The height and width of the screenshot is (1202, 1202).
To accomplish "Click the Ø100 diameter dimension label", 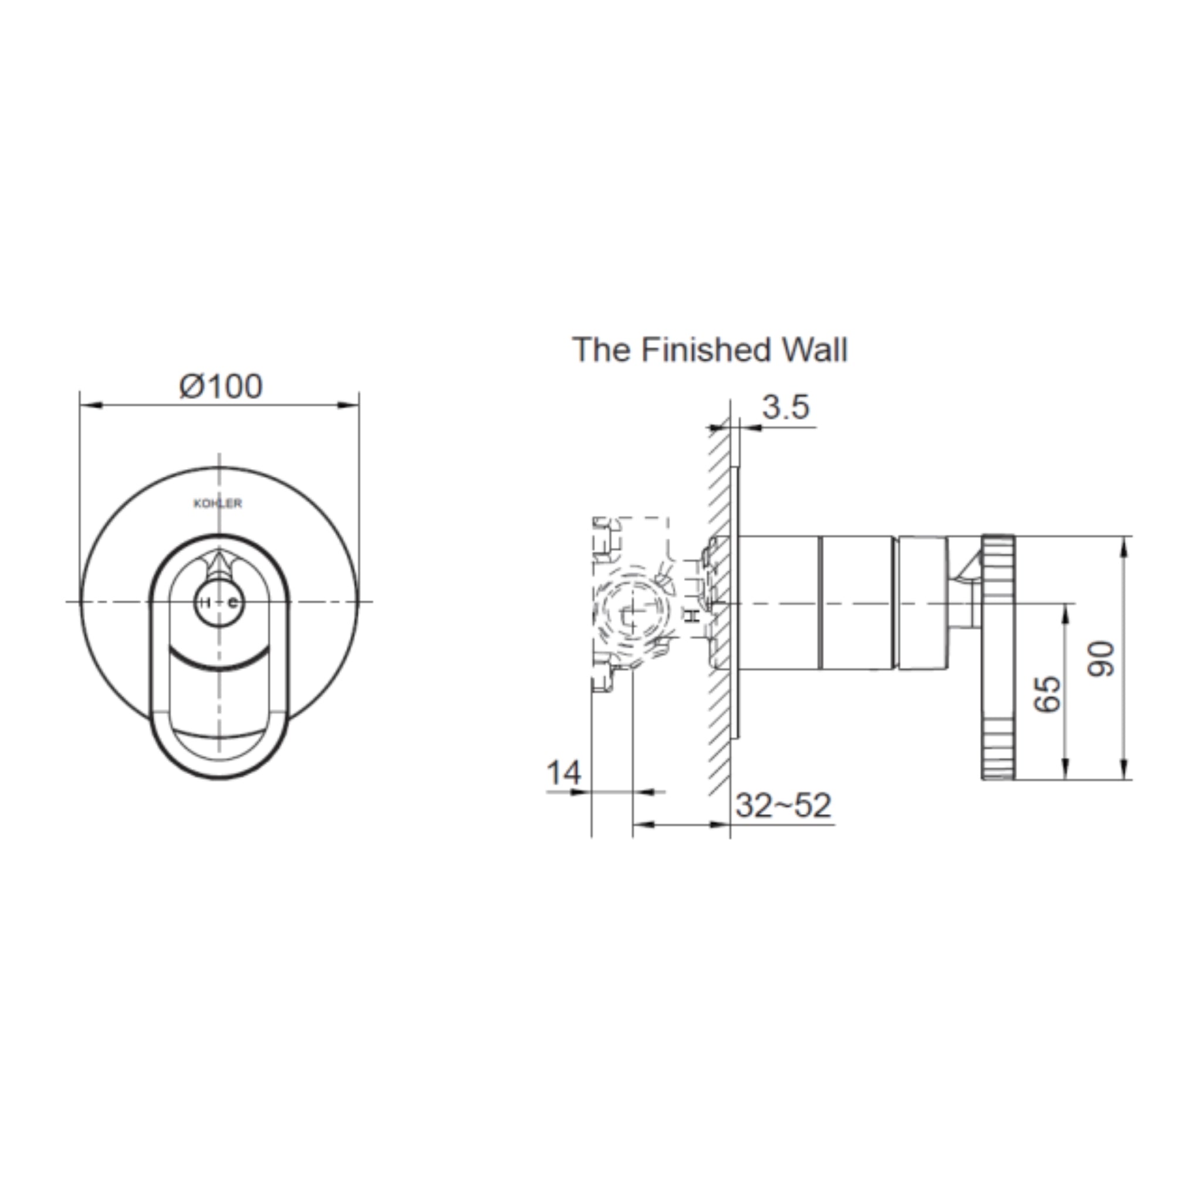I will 221,386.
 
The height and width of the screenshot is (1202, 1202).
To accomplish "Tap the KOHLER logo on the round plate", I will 218,504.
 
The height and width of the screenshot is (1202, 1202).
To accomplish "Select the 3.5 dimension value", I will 786,407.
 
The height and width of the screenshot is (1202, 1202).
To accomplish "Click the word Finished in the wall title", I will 707,350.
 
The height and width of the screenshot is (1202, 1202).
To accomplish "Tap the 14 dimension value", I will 563,774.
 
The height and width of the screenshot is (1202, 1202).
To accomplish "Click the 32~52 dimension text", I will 783,806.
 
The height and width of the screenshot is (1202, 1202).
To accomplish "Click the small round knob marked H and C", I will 219,602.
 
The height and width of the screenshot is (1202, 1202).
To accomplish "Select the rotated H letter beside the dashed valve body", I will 692,616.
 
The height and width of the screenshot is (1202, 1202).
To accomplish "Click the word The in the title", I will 601,350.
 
